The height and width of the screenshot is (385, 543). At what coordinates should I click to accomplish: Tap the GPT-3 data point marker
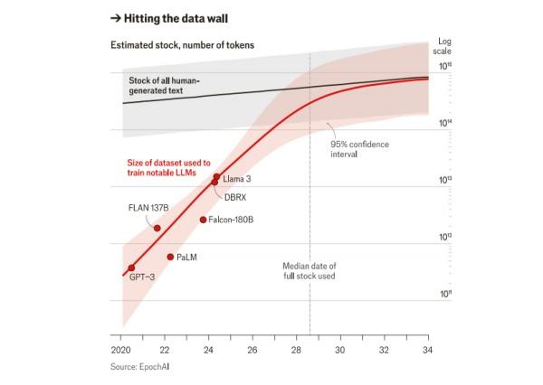coord(131,268)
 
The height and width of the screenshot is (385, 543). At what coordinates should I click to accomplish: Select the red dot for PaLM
coord(170,257)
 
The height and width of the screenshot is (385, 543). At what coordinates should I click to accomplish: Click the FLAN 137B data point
coord(157,228)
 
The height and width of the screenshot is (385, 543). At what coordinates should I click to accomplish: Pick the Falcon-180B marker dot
coord(203,219)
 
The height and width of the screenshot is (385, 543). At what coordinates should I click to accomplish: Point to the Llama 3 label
coord(236,179)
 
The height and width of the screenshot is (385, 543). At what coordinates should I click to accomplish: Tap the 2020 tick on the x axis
coord(121,350)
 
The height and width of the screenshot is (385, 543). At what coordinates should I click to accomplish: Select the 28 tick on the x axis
coord(296,350)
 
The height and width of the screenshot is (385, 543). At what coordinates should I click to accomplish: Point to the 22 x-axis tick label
coord(164,350)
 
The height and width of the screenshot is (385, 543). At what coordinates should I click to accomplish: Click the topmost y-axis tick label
coord(445,66)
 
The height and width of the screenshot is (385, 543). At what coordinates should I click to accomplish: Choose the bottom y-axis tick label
coord(445,294)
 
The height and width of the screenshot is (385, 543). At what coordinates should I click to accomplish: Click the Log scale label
coord(444,46)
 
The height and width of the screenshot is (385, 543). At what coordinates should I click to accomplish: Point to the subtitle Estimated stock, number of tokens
coord(182,44)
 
